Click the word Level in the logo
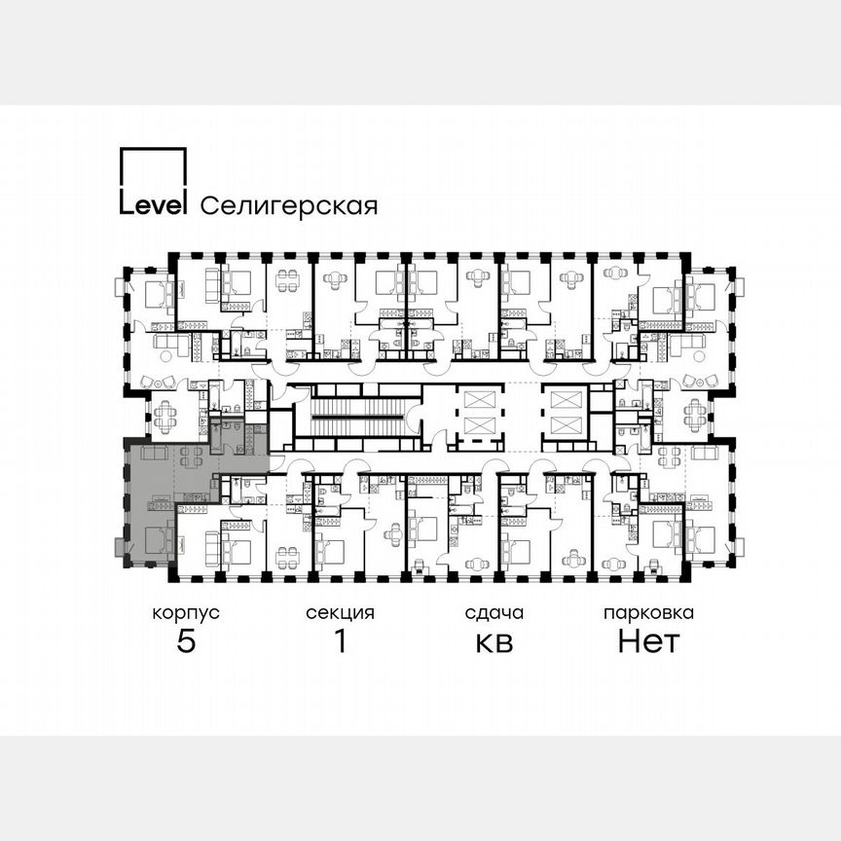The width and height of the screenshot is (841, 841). coord(152,204)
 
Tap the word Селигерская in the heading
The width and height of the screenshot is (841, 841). coord(288,205)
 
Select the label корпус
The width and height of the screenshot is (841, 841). coord(185,613)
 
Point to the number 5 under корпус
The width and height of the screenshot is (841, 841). coord(185,642)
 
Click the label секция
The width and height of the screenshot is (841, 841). coord(340,613)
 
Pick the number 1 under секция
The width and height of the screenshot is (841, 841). coord(340,642)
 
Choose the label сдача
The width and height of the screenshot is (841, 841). coord(494,613)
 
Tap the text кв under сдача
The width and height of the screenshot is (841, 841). coord(494,643)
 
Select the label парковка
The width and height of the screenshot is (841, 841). coord(648,613)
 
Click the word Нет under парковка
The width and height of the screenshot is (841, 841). coord(648,642)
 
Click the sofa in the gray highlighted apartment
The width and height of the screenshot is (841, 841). coord(154,454)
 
